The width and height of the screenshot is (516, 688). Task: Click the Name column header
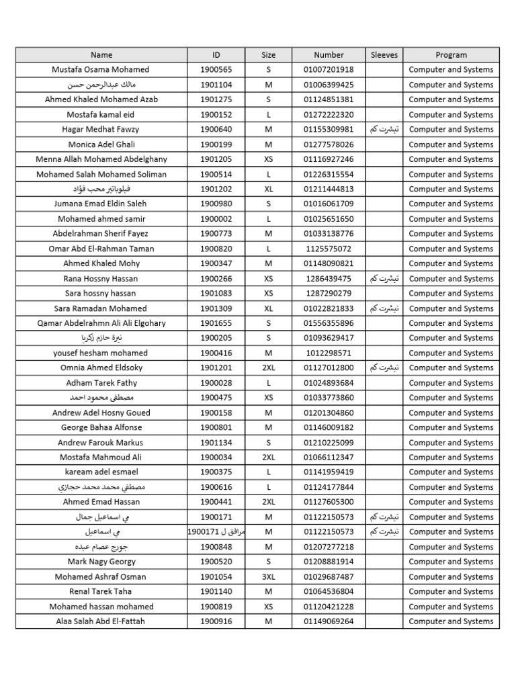[x=101, y=55]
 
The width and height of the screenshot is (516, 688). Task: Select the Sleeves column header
[x=384, y=55]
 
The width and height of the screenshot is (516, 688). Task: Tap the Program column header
[x=451, y=55]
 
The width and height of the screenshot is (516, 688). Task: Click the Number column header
[x=329, y=55]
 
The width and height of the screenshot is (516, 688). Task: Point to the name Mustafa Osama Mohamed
[x=101, y=70]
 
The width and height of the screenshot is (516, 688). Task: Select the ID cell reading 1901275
[x=216, y=99]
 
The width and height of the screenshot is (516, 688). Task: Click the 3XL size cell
[x=269, y=577]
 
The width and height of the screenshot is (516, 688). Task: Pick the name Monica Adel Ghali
[x=101, y=144]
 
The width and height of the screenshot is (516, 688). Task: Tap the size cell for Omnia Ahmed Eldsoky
[x=269, y=368]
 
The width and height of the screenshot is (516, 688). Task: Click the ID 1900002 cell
[x=216, y=219]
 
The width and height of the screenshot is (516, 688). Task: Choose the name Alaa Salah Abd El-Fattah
[x=101, y=621]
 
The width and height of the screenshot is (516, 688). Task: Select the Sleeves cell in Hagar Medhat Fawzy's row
[x=384, y=130]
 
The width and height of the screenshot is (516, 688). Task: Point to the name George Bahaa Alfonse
[x=101, y=428]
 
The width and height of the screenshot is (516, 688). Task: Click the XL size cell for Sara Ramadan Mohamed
[x=269, y=308]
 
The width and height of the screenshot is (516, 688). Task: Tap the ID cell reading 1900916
[x=216, y=621]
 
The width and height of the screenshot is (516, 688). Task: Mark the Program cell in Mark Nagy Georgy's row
[x=451, y=562]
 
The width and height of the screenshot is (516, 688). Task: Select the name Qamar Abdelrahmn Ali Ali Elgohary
[x=101, y=323]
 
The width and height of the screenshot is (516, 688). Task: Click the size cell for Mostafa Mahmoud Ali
[x=269, y=458]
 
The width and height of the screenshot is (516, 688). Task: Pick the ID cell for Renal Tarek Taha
[x=216, y=592]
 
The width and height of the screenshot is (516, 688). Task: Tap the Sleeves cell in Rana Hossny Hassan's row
[x=384, y=279]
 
